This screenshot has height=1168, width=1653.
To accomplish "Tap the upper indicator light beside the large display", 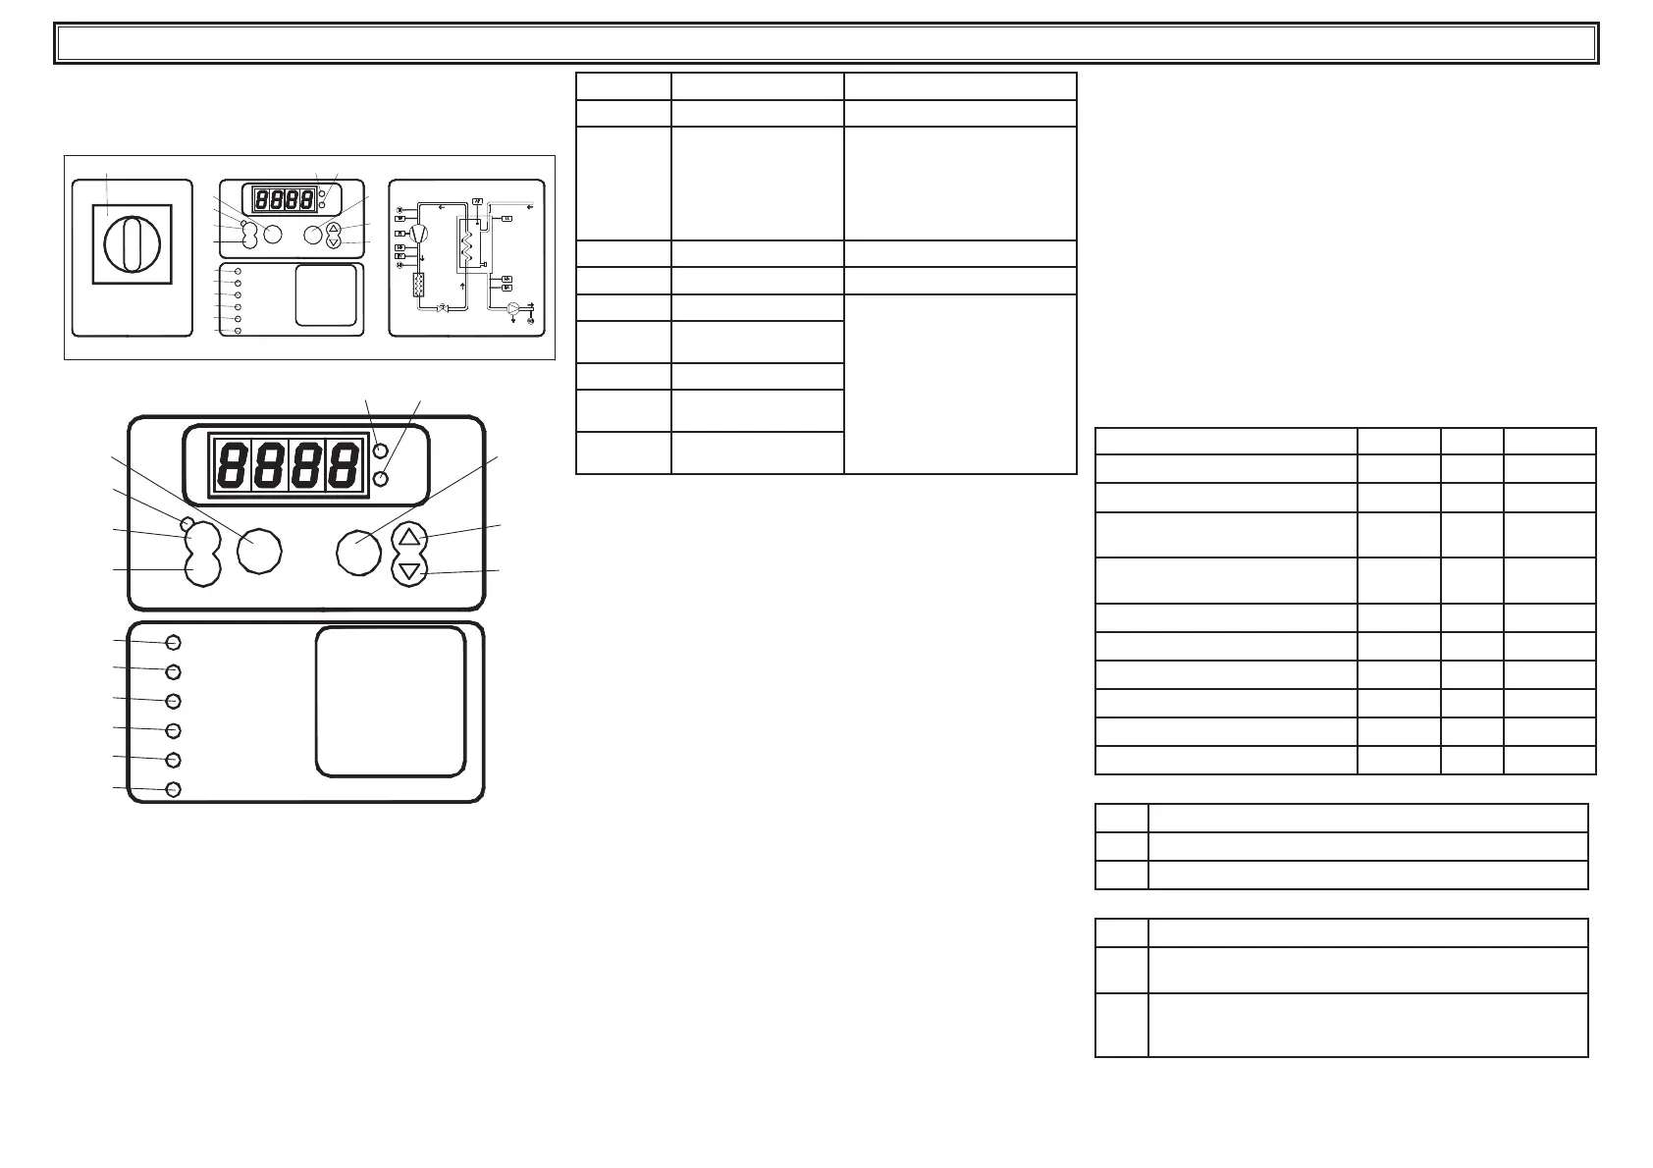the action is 382,451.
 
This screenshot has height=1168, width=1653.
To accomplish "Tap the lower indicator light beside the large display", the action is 382,478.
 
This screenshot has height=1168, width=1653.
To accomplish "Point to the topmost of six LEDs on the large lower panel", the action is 174,642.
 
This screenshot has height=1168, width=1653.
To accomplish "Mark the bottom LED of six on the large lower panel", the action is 174,789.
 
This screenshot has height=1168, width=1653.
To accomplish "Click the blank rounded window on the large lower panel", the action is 390,702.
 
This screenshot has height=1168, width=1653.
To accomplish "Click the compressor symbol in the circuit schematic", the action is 419,234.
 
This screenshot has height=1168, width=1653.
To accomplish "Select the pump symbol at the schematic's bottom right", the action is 513,308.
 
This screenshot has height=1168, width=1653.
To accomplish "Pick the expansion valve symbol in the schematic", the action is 443,308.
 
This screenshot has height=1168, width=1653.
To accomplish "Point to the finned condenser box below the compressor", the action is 419,286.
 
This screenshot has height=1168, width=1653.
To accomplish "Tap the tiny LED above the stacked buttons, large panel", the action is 186,521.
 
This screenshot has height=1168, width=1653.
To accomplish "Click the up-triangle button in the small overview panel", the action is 334,229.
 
